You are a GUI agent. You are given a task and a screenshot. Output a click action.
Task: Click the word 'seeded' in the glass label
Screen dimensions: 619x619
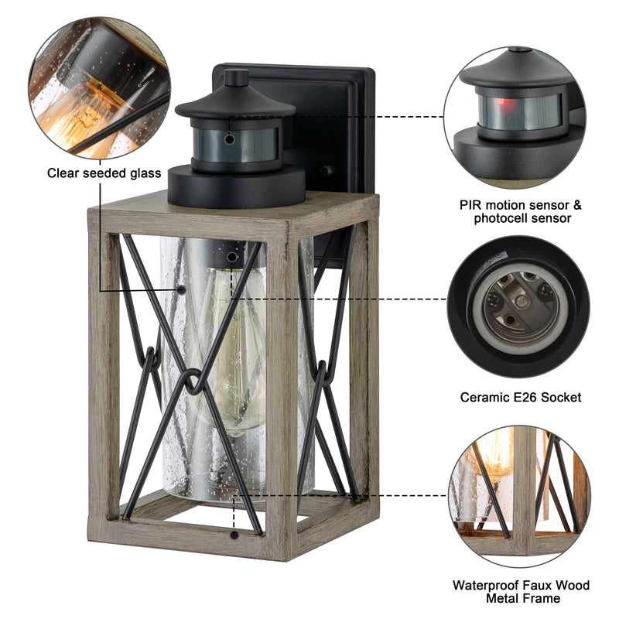tap(104, 173)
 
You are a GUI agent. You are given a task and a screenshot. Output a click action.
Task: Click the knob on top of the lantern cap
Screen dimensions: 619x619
tap(236, 77)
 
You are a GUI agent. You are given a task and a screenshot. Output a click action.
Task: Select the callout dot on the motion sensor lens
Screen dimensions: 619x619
tap(229, 139)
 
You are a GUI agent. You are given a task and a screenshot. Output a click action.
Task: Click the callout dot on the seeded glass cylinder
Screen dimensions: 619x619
tap(182, 289)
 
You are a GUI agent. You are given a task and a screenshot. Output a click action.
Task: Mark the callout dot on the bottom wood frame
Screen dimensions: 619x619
tap(234, 535)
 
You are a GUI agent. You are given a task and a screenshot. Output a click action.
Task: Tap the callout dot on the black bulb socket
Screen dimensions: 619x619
tap(232, 258)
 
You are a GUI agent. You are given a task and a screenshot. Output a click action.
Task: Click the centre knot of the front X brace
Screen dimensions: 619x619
tap(192, 381)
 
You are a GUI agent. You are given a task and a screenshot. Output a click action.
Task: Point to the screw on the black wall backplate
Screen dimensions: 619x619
tap(326, 170)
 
